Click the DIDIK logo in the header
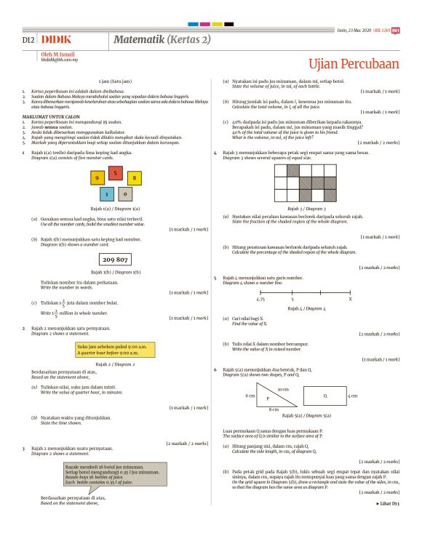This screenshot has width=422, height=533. coord(56,39)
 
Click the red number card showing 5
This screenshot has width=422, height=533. coord(115,173)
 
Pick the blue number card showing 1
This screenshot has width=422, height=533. coord(107,194)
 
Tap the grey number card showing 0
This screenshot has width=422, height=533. coord(125,194)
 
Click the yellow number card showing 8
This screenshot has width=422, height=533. coord(133,177)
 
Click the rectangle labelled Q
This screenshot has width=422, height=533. coord(324,396)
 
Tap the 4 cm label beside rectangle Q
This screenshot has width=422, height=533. coord(354,396)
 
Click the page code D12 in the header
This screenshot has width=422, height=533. coord(29,39)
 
